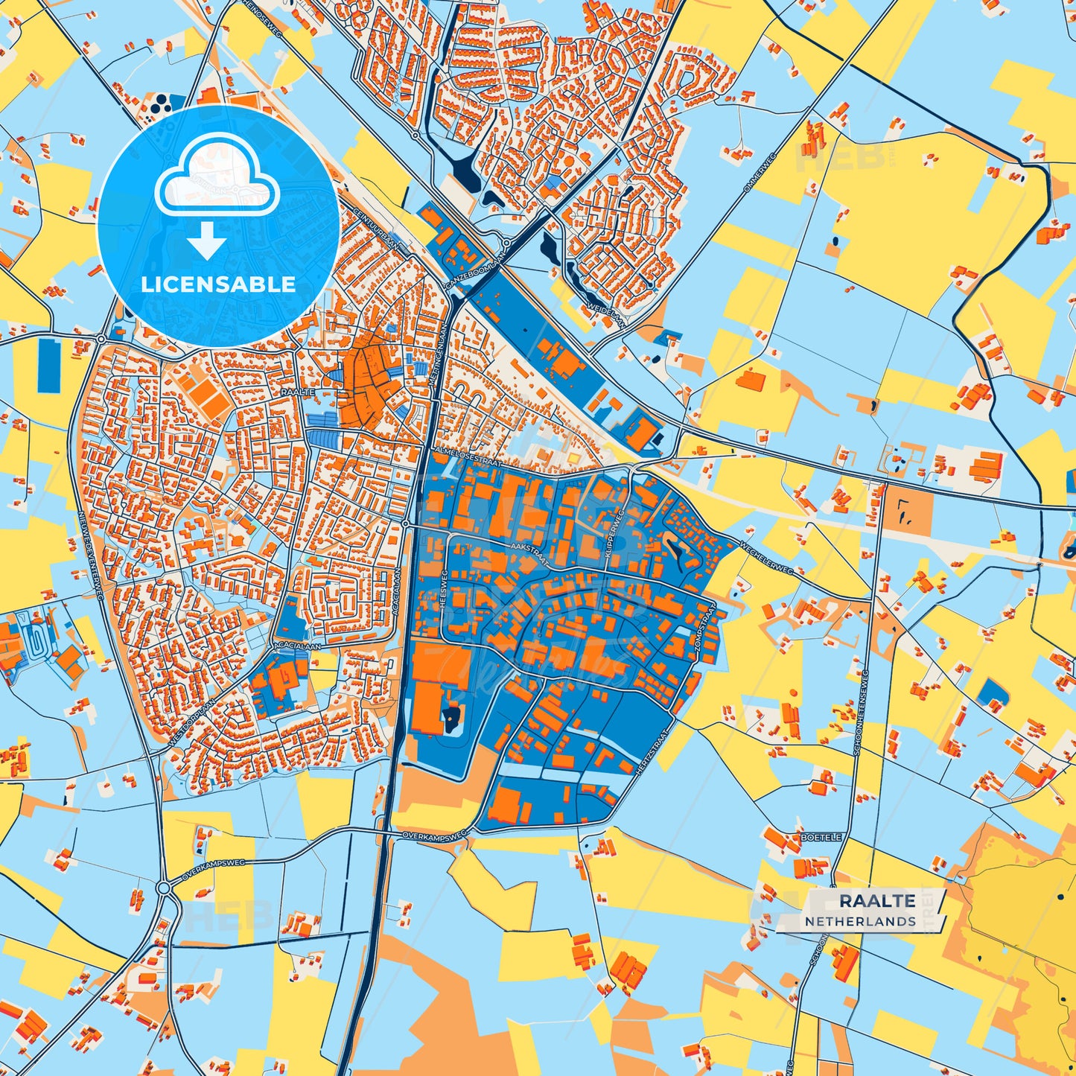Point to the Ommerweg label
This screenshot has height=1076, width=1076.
[x=760, y=172]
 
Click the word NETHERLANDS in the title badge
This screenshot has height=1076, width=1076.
[x=860, y=921]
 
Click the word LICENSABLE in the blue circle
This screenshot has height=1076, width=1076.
[x=218, y=284]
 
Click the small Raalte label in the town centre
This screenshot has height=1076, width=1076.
[x=298, y=392]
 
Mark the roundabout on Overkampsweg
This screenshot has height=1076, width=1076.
[x=164, y=888]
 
